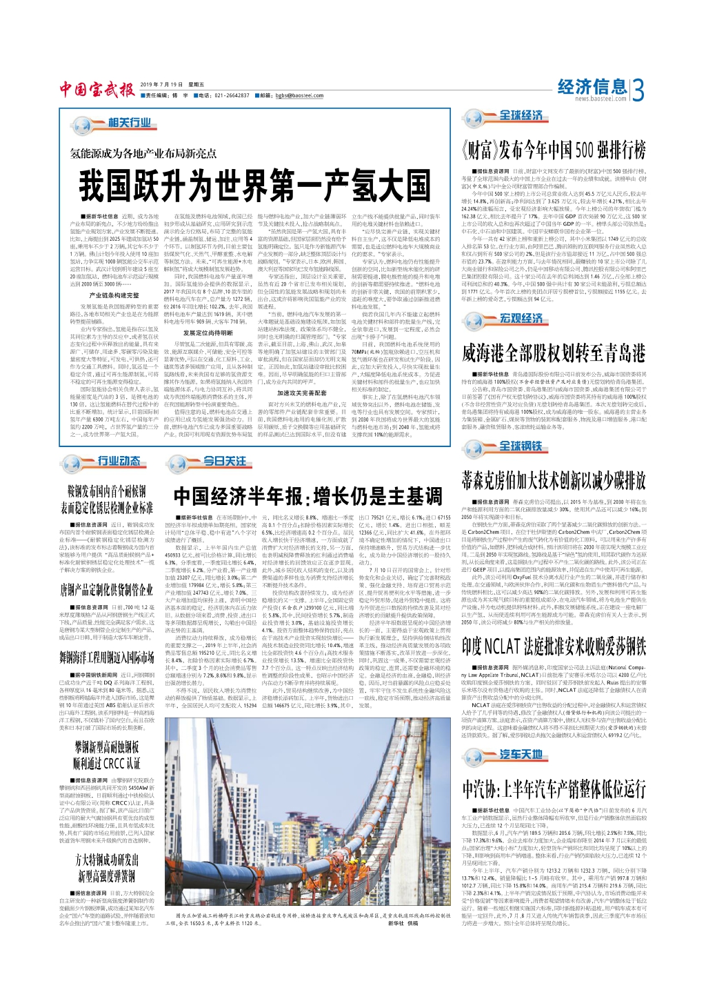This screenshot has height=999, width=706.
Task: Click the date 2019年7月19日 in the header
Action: (x=162, y=84)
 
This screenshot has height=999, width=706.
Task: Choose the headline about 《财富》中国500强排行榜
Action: (x=554, y=150)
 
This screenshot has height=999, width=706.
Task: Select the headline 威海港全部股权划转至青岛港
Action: (x=554, y=353)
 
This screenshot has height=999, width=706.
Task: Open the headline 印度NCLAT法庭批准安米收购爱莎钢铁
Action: (x=554, y=646)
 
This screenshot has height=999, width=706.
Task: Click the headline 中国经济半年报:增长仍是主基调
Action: (x=307, y=496)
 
